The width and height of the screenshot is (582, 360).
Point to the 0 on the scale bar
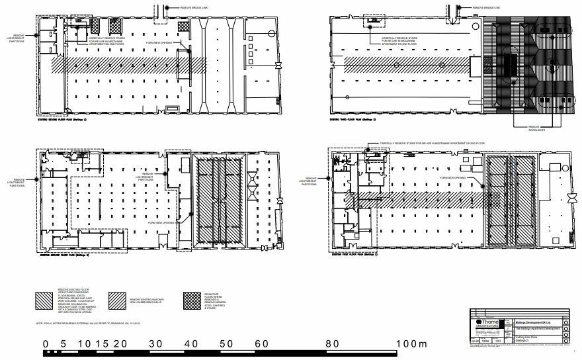[x=45, y=344]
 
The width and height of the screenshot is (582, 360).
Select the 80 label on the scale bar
[x=333, y=344]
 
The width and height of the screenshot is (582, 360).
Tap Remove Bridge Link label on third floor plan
[x=487, y=8]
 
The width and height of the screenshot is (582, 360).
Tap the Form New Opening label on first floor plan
[x=460, y=177]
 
